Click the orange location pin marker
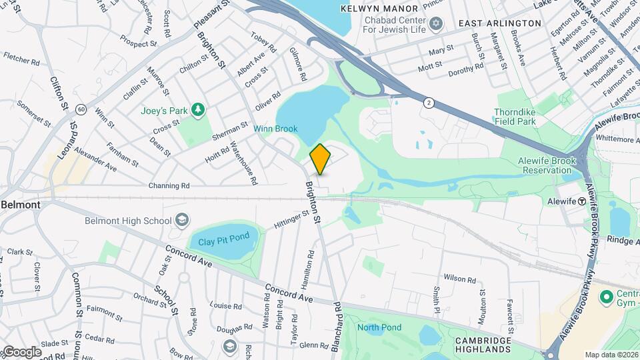320,159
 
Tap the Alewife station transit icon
582,201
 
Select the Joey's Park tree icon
197,109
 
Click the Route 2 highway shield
427,103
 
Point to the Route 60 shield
81,109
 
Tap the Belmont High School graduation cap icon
181,221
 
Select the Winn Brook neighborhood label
275,128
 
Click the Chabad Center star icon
437,24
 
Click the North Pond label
379,327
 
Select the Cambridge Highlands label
483,344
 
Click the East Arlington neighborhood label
500,23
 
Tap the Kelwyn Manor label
379,9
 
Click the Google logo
21,351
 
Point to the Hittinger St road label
292,220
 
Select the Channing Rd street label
169,185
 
